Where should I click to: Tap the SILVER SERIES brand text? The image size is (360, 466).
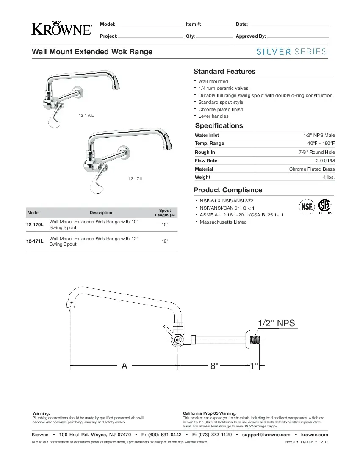pos(292,52)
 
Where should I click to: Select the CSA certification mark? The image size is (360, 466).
pos(325,206)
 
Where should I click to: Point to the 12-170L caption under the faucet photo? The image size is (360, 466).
pos(86,115)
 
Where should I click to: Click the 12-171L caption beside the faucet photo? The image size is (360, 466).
pos(136,179)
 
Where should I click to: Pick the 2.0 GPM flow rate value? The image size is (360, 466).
pos(325,161)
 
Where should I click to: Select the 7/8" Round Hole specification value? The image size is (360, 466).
pos(316,152)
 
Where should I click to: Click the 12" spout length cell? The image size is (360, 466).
pos(165,241)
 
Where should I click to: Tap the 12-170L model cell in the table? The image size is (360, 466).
pos(35,225)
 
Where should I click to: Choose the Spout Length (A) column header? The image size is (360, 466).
pos(165,213)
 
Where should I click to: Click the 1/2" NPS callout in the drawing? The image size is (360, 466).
pos(276,323)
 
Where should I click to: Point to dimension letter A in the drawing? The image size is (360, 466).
pos(125,366)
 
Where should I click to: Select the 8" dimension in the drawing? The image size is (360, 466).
pos(215,366)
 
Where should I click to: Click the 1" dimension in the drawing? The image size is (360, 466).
pos(254,366)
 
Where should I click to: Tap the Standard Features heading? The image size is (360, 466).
pos(224,71)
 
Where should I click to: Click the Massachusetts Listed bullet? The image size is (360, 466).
pos(223,222)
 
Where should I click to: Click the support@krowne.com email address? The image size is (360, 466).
pos(266,435)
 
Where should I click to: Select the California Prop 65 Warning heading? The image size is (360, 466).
pos(210,413)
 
